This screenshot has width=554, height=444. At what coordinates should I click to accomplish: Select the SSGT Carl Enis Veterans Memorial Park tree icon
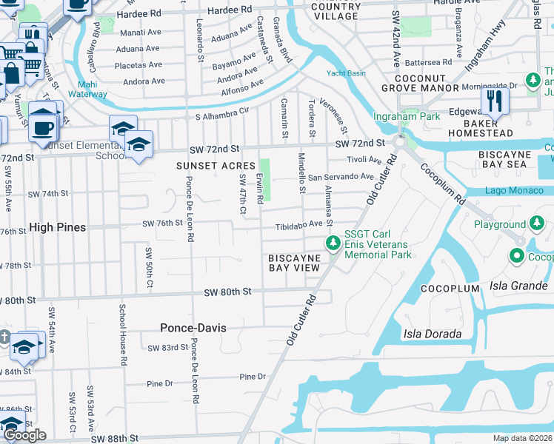pos(333,243)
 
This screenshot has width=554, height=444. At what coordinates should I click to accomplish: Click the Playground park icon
pos(535,223)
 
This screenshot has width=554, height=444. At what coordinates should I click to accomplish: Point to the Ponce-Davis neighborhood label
pos(193,327)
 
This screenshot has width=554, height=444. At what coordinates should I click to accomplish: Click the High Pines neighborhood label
pos(58,227)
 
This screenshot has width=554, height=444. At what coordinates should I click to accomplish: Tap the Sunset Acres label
pos(216,166)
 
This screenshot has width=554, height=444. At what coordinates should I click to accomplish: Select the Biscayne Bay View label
pos(294,263)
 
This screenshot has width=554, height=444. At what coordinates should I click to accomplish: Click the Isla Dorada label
pos(432,334)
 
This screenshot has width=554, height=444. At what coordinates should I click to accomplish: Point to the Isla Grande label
pos(518,286)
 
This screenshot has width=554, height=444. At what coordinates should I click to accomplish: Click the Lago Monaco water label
pos(514,191)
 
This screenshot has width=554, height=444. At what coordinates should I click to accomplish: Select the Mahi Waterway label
pos(88,90)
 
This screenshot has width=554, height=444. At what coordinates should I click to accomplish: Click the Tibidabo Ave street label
pos(300,224)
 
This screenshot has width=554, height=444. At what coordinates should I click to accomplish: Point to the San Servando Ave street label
pos(341,177)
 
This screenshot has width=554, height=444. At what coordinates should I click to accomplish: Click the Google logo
pos(25,435)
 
